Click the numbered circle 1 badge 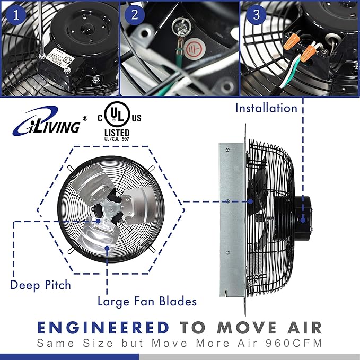15,15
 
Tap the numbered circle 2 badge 135,15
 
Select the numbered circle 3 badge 256,15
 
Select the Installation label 266,108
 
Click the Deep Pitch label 40,285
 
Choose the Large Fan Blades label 147,301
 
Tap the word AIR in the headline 302,326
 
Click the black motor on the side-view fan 300,215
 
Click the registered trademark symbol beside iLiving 85,118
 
